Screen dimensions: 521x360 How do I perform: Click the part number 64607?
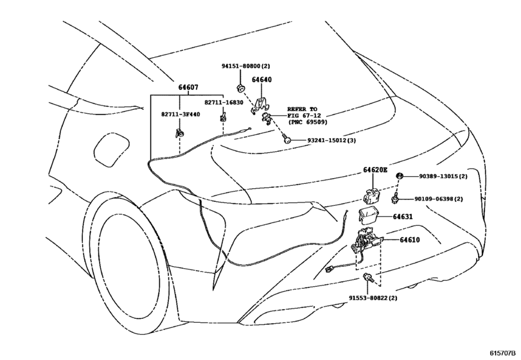[188, 87]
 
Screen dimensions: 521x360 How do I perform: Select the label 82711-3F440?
[181, 114]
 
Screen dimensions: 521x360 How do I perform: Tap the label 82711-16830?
[224, 103]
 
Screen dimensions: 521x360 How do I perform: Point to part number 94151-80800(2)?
[246, 66]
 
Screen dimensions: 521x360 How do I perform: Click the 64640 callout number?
[261, 80]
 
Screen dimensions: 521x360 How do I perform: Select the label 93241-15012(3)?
[331, 140]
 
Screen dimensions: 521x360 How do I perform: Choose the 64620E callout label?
[375, 170]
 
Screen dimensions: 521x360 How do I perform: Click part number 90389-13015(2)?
[443, 176]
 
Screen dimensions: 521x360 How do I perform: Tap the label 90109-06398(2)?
[439, 199]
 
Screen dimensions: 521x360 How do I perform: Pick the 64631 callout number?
[403, 217]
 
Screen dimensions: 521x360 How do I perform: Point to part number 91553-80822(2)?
[373, 298]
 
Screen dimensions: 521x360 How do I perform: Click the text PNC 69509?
[309, 122]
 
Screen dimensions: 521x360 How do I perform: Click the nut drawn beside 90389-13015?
[400, 176]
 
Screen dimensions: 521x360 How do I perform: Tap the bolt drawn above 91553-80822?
[368, 277]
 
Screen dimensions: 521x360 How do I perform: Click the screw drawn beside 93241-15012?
[286, 139]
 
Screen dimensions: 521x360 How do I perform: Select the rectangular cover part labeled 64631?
[368, 215]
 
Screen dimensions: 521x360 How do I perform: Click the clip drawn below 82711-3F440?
[179, 133]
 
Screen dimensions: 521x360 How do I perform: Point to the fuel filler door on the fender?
[111, 149]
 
